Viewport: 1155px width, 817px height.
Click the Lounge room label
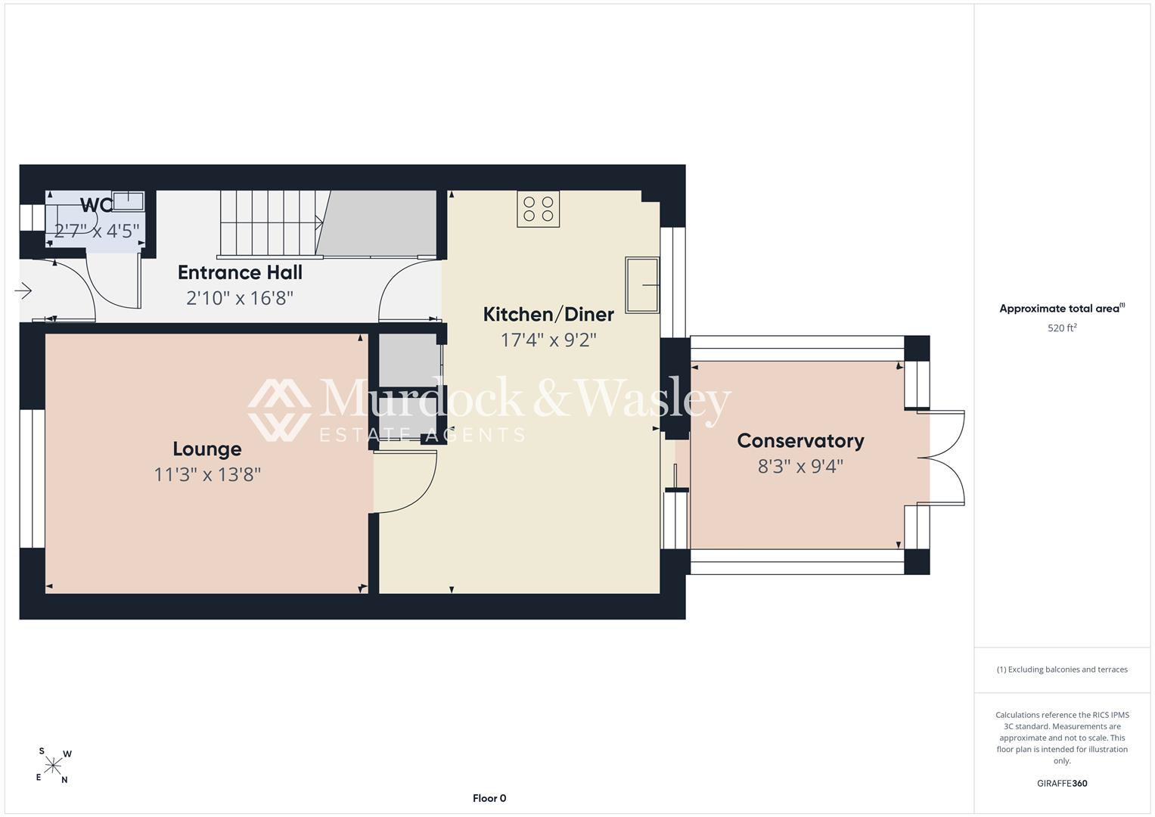coord(206,449)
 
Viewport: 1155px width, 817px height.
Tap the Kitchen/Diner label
coord(548,315)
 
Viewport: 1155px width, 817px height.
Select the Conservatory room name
coord(800,441)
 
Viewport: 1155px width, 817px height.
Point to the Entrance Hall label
coord(240,272)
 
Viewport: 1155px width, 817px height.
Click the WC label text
coord(96,205)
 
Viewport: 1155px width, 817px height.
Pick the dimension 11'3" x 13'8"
coord(207,474)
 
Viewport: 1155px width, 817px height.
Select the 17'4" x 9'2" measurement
coord(548,340)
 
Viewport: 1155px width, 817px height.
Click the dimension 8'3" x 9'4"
coord(800,467)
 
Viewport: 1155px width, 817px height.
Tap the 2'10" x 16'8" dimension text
coord(240,298)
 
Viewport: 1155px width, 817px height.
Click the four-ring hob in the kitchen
coord(539,209)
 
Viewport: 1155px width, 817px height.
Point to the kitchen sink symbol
coord(642,285)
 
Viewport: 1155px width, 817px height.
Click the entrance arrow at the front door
coord(23,291)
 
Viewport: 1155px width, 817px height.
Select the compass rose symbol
coord(53,766)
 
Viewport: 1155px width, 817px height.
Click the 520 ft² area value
coord(1062,328)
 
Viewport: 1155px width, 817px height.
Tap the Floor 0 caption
coord(489,798)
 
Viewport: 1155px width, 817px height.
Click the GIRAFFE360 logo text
coord(1062,783)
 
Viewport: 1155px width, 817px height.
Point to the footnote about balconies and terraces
coord(1062,669)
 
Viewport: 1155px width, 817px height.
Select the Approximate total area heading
coord(1062,309)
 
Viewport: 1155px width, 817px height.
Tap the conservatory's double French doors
coord(941,458)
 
